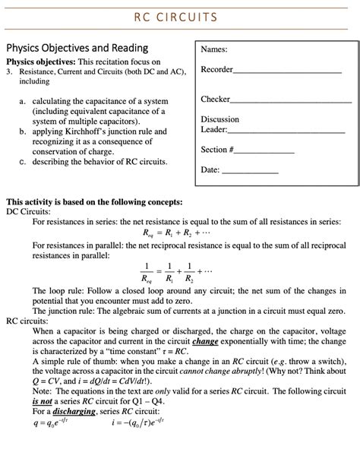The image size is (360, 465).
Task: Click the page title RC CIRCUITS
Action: click(179, 17)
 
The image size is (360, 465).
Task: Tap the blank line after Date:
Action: click(251, 171)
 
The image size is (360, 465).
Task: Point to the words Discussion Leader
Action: click(220, 125)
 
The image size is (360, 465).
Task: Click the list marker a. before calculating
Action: click(24, 101)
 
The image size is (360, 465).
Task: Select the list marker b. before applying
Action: click(24, 131)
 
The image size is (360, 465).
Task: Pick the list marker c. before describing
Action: click(24, 162)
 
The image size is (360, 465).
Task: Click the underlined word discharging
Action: click(75, 412)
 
